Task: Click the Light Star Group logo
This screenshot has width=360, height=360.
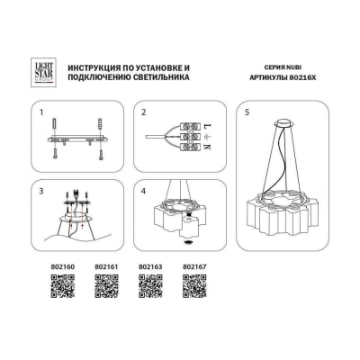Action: click(x=44, y=72)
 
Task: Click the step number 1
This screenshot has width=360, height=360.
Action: click(x=41, y=112)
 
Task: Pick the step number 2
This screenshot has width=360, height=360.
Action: click(x=144, y=112)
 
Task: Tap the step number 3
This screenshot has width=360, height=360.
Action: click(x=41, y=192)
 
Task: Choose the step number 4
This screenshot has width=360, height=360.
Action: click(x=144, y=192)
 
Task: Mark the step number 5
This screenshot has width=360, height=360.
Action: click(x=247, y=112)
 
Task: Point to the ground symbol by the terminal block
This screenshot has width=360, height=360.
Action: click(x=207, y=137)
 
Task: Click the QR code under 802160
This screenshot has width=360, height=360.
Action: click(x=62, y=286)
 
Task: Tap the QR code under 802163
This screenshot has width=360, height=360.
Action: click(x=150, y=286)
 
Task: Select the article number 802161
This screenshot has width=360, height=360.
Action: click(x=106, y=266)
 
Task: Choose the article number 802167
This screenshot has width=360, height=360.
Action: click(x=194, y=266)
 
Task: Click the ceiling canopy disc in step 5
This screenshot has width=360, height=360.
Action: click(x=283, y=122)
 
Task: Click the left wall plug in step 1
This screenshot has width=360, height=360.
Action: click(x=55, y=125)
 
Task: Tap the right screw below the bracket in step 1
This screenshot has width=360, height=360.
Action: click(x=100, y=153)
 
